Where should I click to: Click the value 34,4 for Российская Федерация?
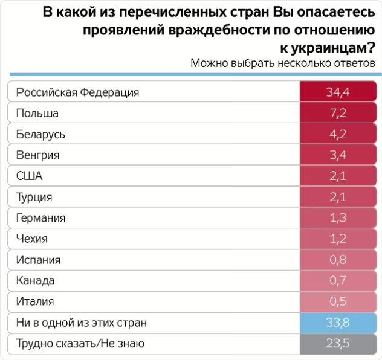click(x=338, y=92)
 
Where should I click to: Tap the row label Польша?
click(x=37, y=113)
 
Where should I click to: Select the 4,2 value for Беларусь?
click(x=338, y=134)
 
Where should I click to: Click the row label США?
click(x=30, y=176)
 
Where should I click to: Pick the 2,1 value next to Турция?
click(x=338, y=197)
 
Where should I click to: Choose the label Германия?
click(x=40, y=218)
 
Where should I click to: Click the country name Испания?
click(x=39, y=260)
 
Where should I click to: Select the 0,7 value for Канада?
click(x=338, y=281)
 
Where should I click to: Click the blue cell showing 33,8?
click(x=338, y=323)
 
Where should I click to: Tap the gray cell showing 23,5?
click(x=338, y=344)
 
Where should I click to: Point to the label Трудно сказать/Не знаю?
click(x=80, y=344)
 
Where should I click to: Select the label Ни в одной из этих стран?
click(x=81, y=323)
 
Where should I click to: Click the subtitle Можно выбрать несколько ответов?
click(x=283, y=63)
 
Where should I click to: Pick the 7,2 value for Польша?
click(x=338, y=113)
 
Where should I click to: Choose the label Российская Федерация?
click(x=77, y=92)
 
